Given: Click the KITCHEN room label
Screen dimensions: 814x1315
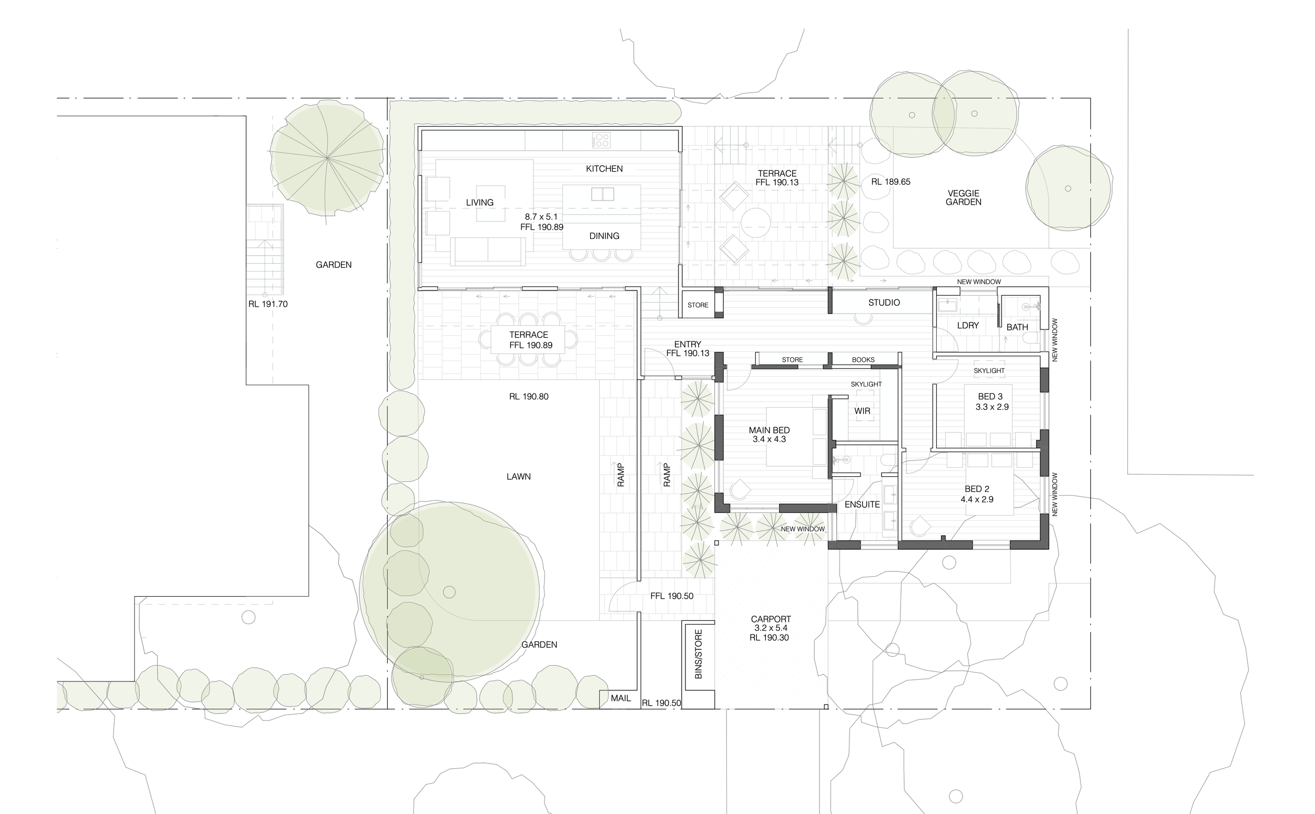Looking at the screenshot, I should pyautogui.click(x=604, y=168).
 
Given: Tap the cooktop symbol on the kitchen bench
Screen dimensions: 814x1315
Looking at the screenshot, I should pyautogui.click(x=601, y=140).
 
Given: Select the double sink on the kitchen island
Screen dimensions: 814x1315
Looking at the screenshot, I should pyautogui.click(x=602, y=194).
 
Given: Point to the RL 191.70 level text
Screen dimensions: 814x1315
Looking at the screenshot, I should pyautogui.click(x=268, y=304).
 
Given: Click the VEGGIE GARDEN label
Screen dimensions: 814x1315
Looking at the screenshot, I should pyautogui.click(x=963, y=197).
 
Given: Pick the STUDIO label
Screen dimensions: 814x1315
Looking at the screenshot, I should pyautogui.click(x=884, y=303).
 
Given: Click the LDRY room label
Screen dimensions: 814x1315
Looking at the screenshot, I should pyautogui.click(x=967, y=325).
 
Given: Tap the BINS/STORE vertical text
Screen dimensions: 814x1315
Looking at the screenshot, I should pyautogui.click(x=699, y=654).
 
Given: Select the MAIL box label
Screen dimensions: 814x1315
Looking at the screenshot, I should pyautogui.click(x=620, y=698).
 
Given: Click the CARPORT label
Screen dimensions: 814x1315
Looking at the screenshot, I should pyautogui.click(x=771, y=619).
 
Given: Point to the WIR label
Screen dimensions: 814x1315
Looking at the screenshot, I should pyautogui.click(x=862, y=411).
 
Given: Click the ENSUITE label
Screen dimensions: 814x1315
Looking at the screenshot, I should pyautogui.click(x=862, y=505).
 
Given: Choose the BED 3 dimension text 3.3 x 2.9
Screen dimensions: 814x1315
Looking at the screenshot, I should pyautogui.click(x=992, y=407).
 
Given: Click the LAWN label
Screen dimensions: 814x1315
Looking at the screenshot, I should pyautogui.click(x=518, y=476).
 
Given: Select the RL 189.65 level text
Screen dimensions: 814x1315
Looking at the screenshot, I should pyautogui.click(x=891, y=182).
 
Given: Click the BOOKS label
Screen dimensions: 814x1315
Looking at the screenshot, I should pyautogui.click(x=863, y=359).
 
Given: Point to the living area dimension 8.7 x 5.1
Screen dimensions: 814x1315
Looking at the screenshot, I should pyautogui.click(x=541, y=216).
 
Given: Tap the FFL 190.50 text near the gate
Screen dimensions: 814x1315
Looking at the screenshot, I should pyautogui.click(x=672, y=596).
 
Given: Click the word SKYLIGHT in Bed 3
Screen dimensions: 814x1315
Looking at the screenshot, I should pyautogui.click(x=989, y=370).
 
